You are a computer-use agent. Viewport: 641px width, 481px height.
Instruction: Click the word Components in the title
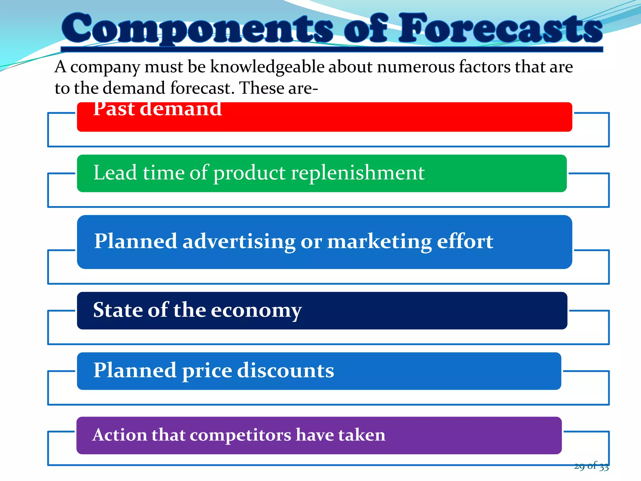197,29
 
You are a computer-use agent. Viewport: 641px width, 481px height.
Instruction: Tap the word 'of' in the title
366,29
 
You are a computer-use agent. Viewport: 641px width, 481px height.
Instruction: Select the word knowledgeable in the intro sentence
267,67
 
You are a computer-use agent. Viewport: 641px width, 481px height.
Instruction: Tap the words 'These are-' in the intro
279,88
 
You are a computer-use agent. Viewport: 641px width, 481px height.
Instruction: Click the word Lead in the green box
115,173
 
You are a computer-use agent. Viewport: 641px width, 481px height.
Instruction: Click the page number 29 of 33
591,466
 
